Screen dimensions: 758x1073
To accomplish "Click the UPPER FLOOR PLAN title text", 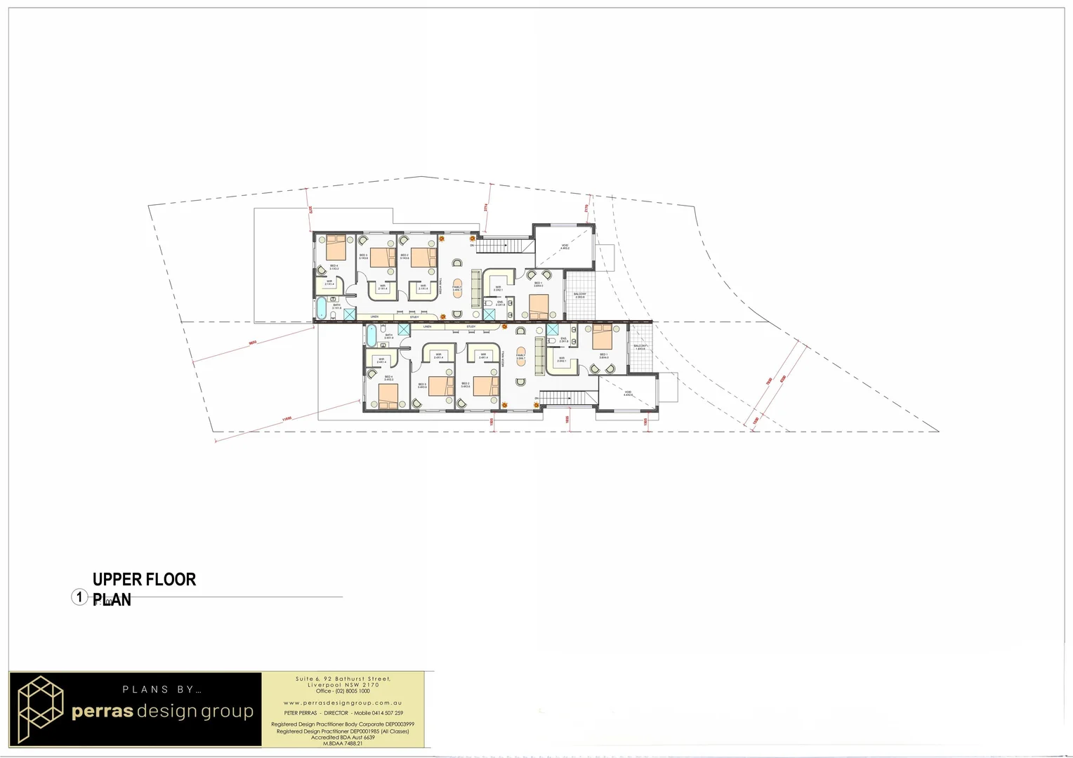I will click(x=144, y=589).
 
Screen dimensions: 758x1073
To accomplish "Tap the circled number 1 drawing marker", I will click(x=79, y=597).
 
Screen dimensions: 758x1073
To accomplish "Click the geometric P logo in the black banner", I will click(x=40, y=709).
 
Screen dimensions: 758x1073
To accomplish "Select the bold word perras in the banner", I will click(x=103, y=711).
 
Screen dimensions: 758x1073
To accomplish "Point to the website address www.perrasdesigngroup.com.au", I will click(x=343, y=703).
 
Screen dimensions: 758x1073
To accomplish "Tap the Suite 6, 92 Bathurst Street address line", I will click(x=343, y=679).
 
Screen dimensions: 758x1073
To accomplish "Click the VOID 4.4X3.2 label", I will click(x=565, y=246).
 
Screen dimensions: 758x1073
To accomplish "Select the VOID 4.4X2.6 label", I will click(x=628, y=394).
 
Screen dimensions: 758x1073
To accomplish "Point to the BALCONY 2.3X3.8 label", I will click(x=580, y=295).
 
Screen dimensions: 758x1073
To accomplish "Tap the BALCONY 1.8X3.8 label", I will click(x=640, y=347).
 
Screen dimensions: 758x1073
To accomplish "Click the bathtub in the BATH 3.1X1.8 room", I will click(x=322, y=308).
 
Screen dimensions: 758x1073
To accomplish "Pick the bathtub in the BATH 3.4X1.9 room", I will click(x=371, y=335).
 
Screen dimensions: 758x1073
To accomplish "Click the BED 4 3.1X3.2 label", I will click(x=334, y=267).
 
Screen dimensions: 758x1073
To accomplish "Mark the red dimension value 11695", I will click(x=287, y=419).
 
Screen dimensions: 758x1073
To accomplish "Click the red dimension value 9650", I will click(x=252, y=343).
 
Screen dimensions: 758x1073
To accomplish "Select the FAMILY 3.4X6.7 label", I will click(x=457, y=288).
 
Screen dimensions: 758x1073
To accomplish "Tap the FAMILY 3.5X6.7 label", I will click(x=520, y=357).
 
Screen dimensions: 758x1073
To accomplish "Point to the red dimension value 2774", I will click(x=485, y=207).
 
